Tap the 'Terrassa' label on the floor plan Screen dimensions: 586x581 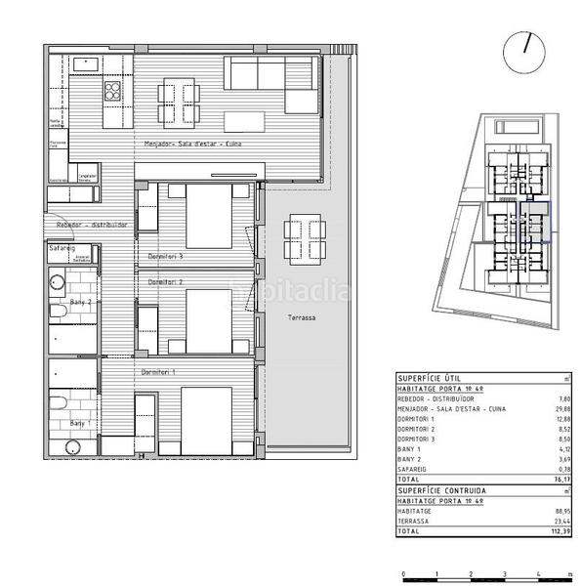pyautogui.click(x=301, y=319)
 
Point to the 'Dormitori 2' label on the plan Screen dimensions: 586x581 pyautogui.click(x=166, y=280)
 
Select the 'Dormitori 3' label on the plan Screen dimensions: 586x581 pyautogui.click(x=166, y=256)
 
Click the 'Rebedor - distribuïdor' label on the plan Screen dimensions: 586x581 pyautogui.click(x=93, y=225)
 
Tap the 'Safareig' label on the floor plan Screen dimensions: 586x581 pyautogui.click(x=62, y=248)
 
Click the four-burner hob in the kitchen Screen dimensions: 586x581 pyautogui.click(x=113, y=93)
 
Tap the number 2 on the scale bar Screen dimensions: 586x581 pyautogui.click(x=470, y=575)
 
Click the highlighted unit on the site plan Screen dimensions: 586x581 pyautogui.click(x=535, y=222)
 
